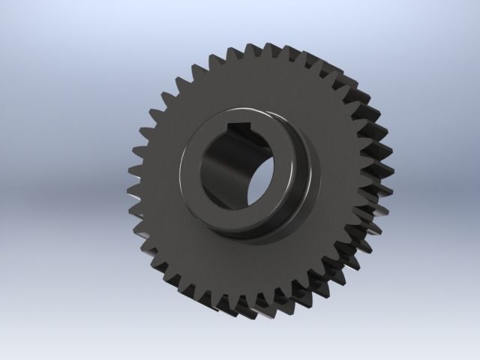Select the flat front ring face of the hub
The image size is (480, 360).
[x=196, y=199]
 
